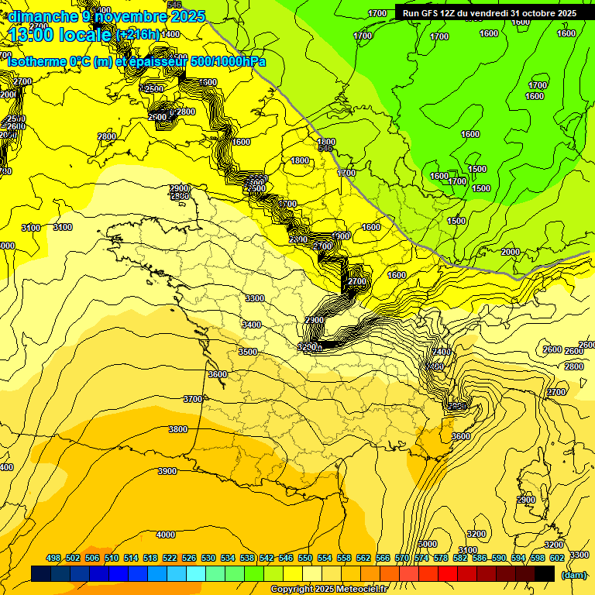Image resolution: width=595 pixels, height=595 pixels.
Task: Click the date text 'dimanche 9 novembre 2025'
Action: pos(106,15)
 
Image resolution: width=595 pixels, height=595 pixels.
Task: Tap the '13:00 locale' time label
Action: pos(60,34)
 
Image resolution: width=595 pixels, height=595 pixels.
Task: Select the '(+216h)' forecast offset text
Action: pos(137,35)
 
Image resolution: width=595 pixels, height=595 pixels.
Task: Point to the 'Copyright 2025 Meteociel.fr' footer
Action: pos(328,590)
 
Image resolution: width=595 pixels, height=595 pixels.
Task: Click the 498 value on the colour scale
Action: pos(53,558)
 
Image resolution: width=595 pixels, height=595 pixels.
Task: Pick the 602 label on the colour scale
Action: pos(556,558)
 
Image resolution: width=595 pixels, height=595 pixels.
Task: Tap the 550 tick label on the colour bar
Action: pos(305,558)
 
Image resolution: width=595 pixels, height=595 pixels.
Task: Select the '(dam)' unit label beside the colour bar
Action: pos(573,575)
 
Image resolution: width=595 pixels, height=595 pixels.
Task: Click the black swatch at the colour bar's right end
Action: pos(545,574)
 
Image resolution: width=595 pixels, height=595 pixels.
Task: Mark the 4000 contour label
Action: pos(165,535)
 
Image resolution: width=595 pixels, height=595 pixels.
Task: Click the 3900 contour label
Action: pos(167,471)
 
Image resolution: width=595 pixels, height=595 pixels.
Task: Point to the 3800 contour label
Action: pos(178,429)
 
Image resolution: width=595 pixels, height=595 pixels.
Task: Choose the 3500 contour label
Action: pos(247,352)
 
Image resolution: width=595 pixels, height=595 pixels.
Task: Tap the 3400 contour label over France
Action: pos(251,325)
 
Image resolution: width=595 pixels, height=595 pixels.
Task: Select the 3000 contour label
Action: pos(427,544)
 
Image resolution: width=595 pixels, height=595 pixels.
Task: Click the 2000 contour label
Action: pos(510,252)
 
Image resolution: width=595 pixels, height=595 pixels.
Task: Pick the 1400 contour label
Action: pos(170,34)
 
